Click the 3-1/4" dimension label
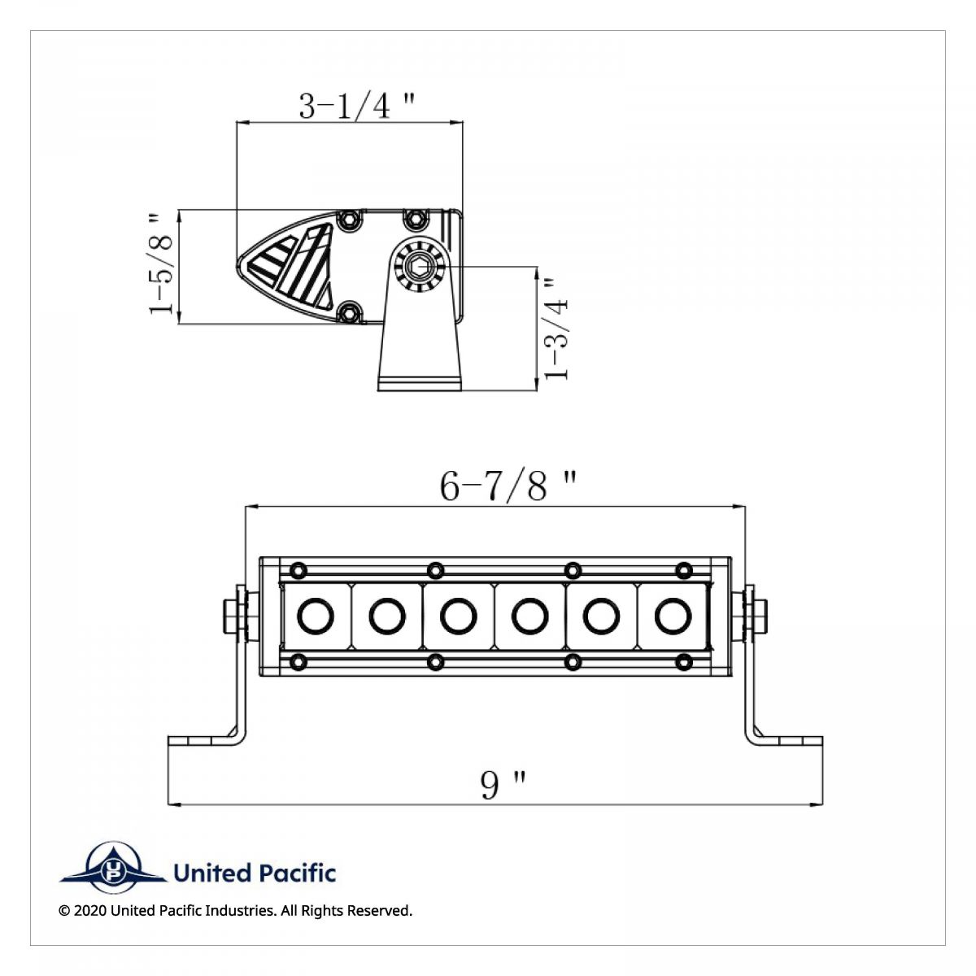click(358, 106)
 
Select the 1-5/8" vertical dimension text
click(161, 264)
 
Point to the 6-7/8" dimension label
click(508, 486)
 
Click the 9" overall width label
click(503, 785)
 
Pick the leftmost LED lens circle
click(316, 616)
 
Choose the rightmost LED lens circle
click(673, 616)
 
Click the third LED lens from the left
click(459, 616)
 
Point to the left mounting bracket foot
click(203, 741)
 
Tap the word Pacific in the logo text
click(296, 874)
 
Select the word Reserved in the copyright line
click(379, 911)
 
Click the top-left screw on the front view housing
click(298, 569)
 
